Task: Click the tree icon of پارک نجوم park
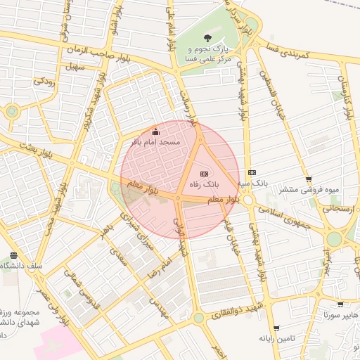(x=207, y=37)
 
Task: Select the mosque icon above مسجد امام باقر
(x=155, y=131)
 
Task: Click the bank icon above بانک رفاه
(x=204, y=172)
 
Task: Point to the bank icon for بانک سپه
(x=252, y=173)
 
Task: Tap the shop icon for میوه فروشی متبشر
(x=309, y=179)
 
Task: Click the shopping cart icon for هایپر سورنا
(x=340, y=304)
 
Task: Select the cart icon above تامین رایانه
(x=276, y=328)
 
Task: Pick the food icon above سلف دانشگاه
(x=13, y=255)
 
